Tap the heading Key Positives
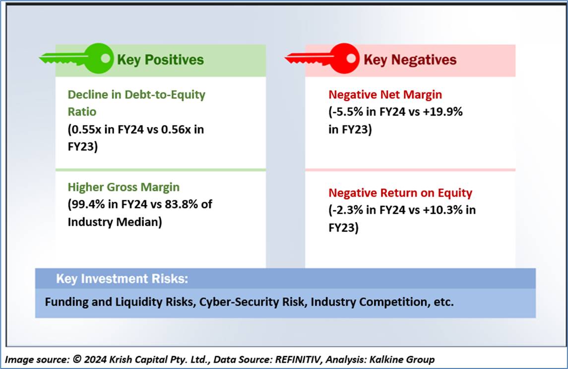[160, 60]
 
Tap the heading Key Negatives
[410, 60]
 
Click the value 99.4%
[88, 204]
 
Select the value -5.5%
[347, 112]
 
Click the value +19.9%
[442, 112]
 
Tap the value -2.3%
[347, 210]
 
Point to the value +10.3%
[442, 210]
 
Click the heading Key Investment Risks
[122, 279]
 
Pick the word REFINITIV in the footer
[298, 360]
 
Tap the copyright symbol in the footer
[77, 359]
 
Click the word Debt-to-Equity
[165, 95]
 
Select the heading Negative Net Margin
[385, 95]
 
